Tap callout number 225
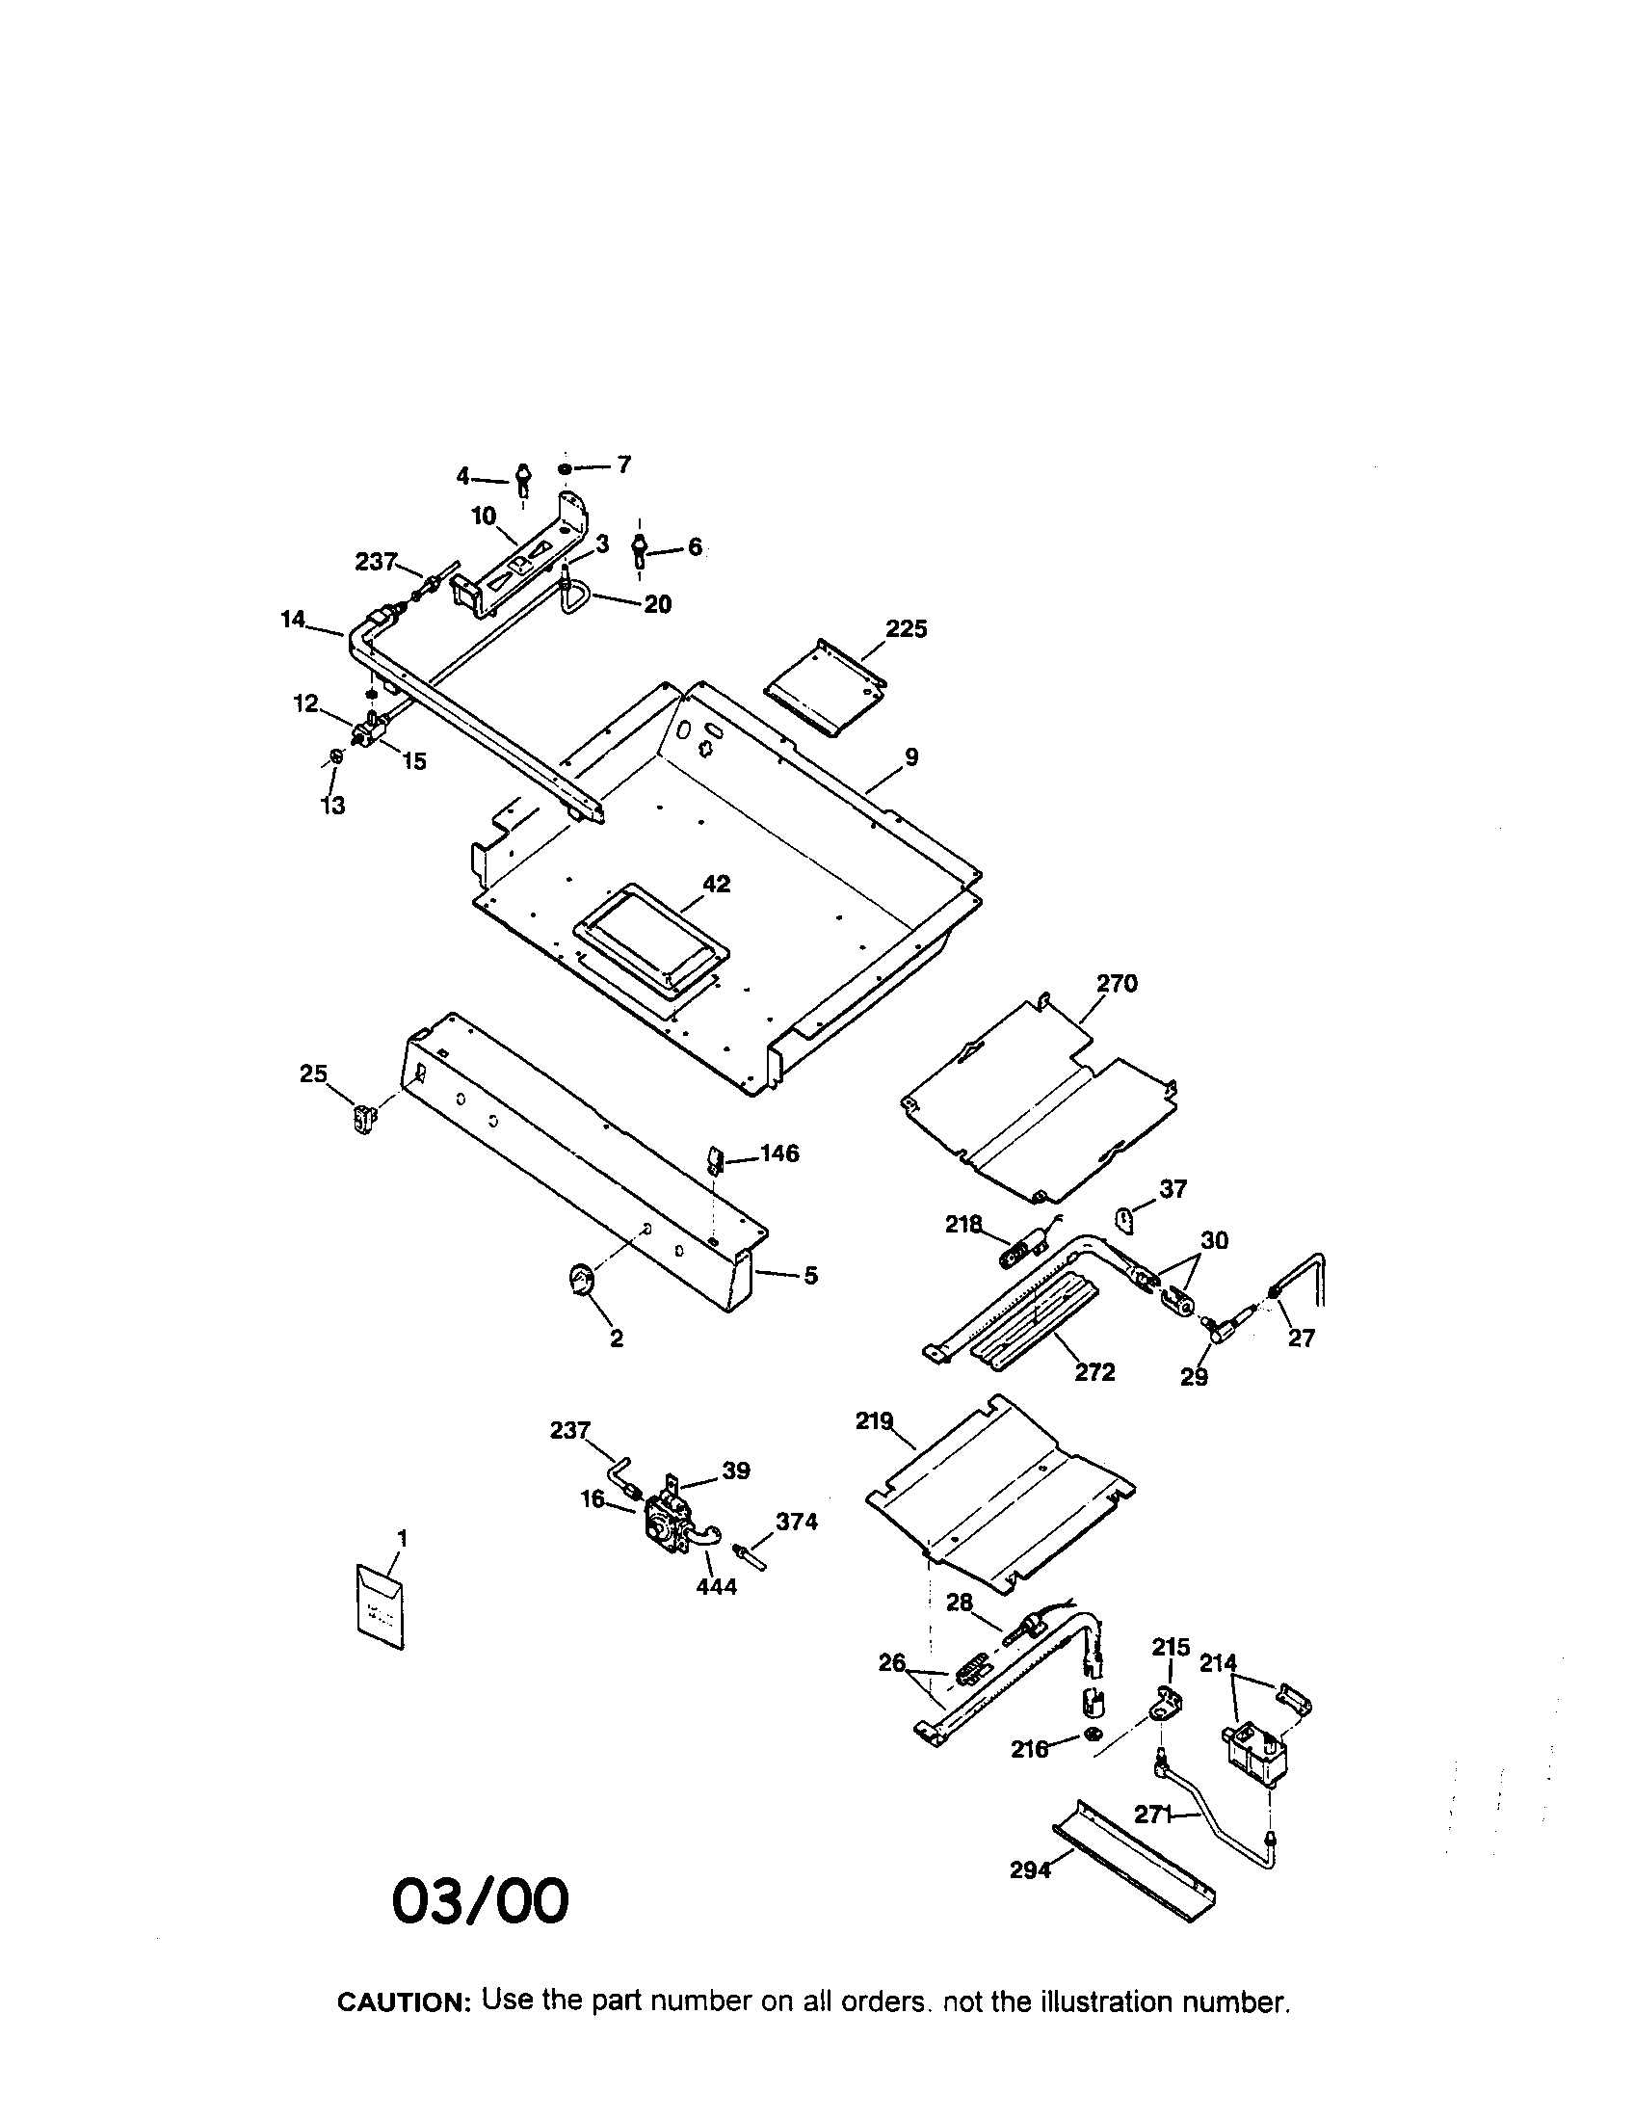pos(907,629)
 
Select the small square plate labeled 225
pos(825,687)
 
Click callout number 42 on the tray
pos(717,885)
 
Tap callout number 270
pos(1117,983)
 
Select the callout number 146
pos(779,1153)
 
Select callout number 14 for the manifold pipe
pos(293,619)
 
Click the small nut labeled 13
pos(335,755)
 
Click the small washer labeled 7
pos(565,470)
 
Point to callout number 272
pos(1094,1372)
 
